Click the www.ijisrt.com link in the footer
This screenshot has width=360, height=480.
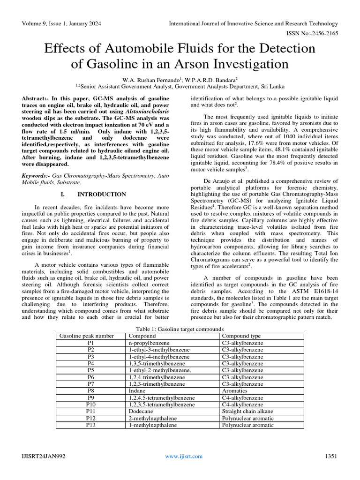coord(183,456)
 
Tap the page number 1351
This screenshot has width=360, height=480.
coord(331,456)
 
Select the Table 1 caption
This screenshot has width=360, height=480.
coord(180,329)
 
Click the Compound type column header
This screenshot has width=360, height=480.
coord(242,336)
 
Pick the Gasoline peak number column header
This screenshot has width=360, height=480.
coord(86,336)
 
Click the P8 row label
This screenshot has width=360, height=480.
coord(90,390)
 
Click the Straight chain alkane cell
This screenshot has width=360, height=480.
coord(247,411)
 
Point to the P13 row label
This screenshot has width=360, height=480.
coord(90,425)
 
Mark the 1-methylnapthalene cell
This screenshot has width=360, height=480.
coord(153,425)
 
